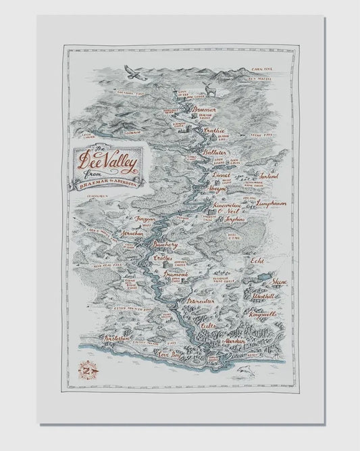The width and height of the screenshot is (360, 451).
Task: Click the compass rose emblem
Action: (87, 371)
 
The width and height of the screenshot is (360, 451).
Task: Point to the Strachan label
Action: (132, 233)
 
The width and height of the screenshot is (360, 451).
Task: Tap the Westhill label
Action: (263, 295)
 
